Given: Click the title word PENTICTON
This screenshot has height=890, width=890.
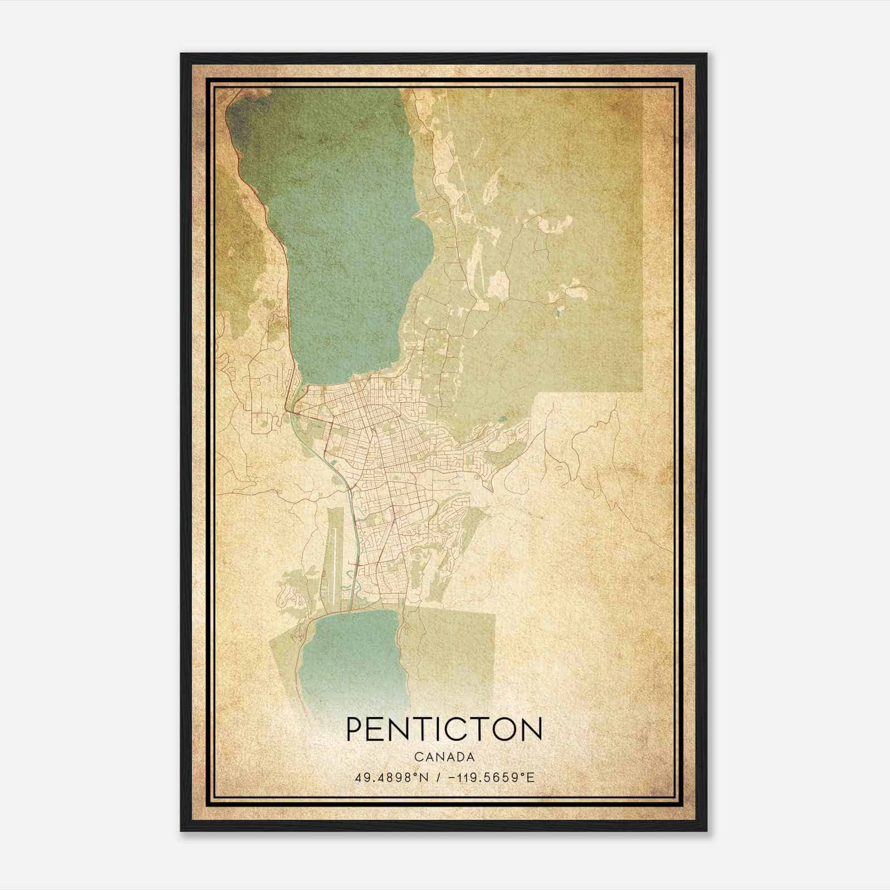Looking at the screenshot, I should [x=444, y=729].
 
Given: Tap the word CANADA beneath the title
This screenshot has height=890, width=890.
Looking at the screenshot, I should [x=444, y=757].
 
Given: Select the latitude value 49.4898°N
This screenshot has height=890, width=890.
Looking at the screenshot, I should [x=391, y=777].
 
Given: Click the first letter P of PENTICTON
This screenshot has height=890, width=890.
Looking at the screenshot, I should [x=355, y=729].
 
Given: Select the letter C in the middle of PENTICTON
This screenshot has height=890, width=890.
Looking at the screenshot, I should [x=453, y=729].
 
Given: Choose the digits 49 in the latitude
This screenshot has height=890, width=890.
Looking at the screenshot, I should [x=360, y=777].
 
